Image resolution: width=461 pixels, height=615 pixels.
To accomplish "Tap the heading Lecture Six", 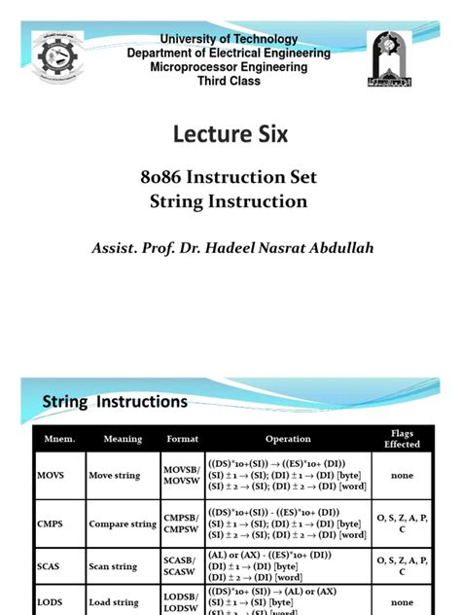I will click(x=230, y=134).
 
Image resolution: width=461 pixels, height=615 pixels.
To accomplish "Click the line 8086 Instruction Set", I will click(x=230, y=178).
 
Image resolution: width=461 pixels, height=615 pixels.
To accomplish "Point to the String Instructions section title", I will click(x=115, y=401).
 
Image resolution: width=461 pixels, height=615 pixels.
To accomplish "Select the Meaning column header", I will click(x=123, y=439).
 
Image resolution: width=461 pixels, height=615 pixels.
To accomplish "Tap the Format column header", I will click(x=182, y=439).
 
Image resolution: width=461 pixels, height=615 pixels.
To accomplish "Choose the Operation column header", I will click(x=288, y=439).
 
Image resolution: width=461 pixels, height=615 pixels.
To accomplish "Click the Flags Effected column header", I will click(x=402, y=439).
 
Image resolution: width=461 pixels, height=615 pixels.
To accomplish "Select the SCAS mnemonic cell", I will click(x=50, y=566).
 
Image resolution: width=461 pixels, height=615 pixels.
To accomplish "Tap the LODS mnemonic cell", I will click(x=50, y=602).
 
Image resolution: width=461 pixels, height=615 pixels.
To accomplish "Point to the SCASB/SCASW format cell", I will click(x=182, y=566).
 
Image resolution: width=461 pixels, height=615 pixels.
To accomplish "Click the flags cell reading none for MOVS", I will click(x=402, y=476).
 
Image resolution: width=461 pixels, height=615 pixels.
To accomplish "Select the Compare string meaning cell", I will click(x=123, y=524).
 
